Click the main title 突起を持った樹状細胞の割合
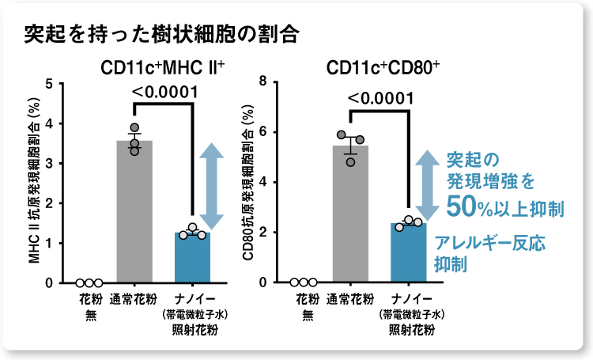(x=161, y=35)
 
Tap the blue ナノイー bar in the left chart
(x=192, y=257)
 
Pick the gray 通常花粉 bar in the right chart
(x=350, y=214)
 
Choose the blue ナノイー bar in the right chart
(x=409, y=253)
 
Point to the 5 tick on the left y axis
(x=50, y=84)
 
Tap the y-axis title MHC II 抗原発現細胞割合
(x=34, y=186)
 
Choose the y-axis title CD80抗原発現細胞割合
(x=248, y=186)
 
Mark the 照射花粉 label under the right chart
(x=409, y=329)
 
